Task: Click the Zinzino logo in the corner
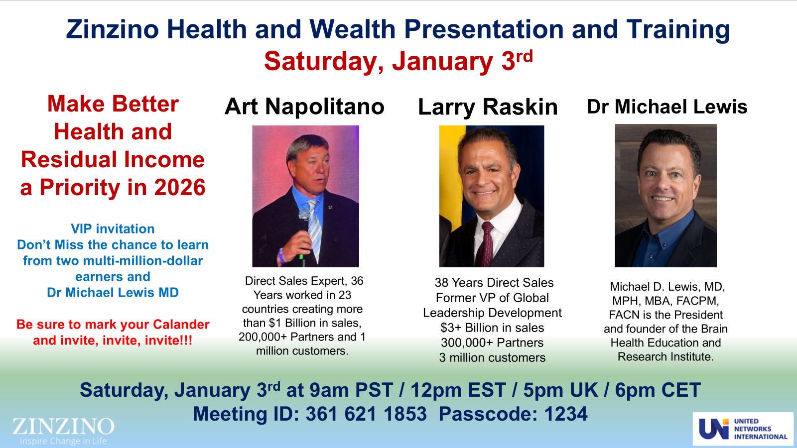coord(63,430)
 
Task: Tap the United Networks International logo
coord(743,429)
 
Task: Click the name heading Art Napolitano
coord(304,107)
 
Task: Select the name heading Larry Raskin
coord(488,107)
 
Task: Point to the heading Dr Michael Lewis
coord(667,107)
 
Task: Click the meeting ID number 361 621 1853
coord(366,414)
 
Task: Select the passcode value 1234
coord(566,414)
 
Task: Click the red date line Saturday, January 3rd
coord(398,61)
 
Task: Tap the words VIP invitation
coord(113,229)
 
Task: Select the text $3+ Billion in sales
coord(492,328)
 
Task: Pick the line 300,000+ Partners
coord(492,342)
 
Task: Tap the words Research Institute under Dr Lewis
coord(665,357)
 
